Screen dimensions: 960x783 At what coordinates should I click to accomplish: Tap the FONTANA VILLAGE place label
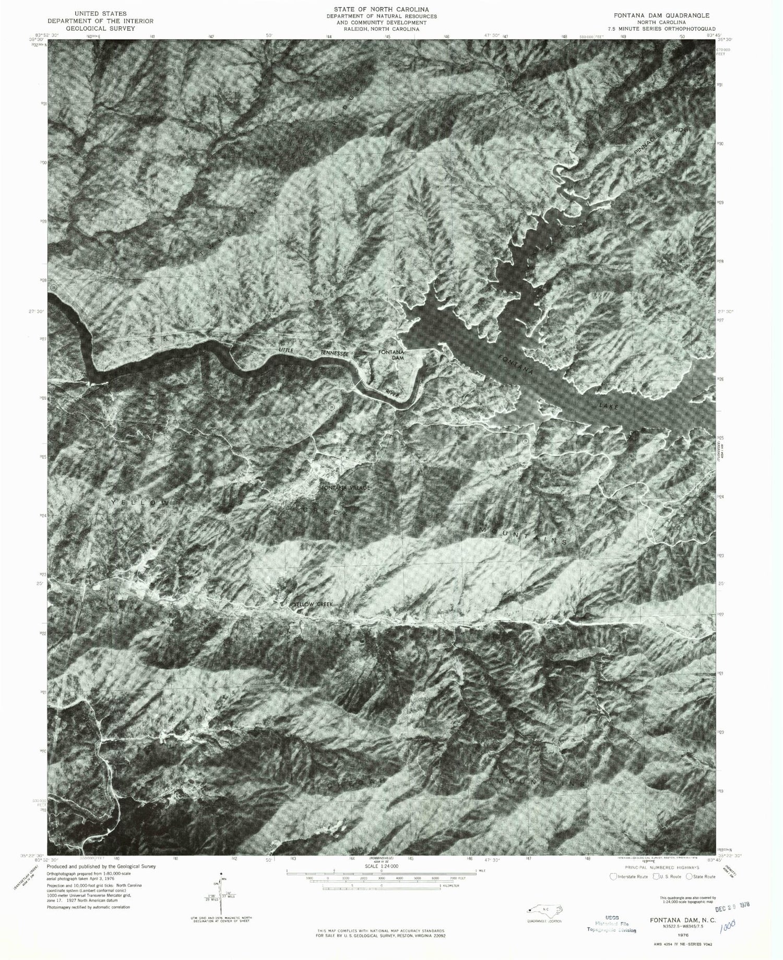(345, 488)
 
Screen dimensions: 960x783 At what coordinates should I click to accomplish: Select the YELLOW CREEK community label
(312, 604)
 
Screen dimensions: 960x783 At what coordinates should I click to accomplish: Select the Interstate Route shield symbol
(614, 877)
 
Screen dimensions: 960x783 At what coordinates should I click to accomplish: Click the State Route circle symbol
(690, 877)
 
